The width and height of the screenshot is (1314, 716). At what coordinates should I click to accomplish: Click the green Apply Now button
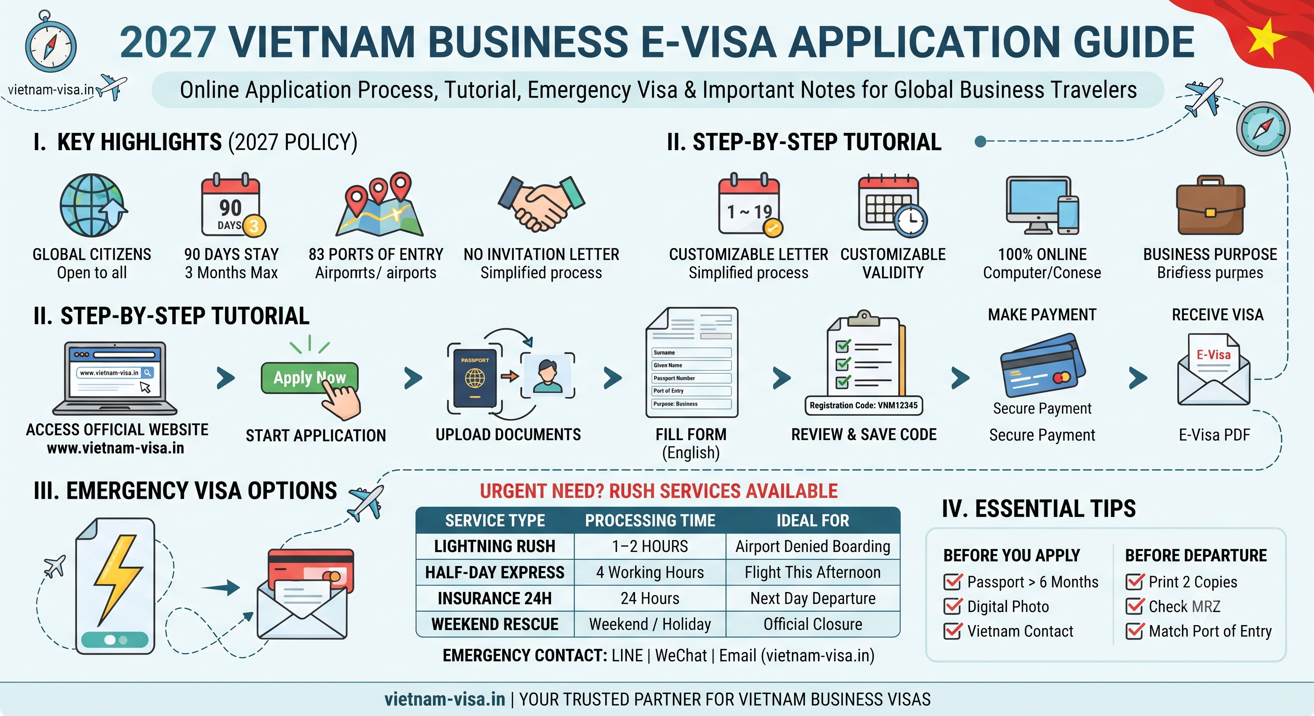[x=309, y=378]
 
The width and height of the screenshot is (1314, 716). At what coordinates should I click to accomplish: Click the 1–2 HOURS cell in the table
[x=650, y=546]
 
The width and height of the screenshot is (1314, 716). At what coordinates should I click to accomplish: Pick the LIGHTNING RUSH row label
[x=494, y=546]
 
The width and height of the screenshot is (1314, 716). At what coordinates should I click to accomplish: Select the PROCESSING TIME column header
[x=650, y=520]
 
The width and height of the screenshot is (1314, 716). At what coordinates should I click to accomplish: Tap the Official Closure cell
[x=812, y=624]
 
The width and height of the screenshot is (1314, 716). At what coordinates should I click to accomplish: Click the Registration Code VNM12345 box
[x=864, y=406]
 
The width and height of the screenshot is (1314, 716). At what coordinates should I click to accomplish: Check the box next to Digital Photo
[x=952, y=606]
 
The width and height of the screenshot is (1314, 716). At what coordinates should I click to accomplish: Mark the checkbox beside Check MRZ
[x=1134, y=606]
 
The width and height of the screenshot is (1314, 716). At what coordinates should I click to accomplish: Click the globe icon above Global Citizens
[x=92, y=206]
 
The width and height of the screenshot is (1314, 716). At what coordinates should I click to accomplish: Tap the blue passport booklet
[x=475, y=378]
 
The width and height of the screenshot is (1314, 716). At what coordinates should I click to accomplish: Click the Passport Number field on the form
[x=691, y=378]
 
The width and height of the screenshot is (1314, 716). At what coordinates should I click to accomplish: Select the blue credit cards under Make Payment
[x=1041, y=365]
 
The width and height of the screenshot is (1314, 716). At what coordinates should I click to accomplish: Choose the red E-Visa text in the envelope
[x=1214, y=355]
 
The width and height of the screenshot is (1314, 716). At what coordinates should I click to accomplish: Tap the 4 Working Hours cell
[x=650, y=572]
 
